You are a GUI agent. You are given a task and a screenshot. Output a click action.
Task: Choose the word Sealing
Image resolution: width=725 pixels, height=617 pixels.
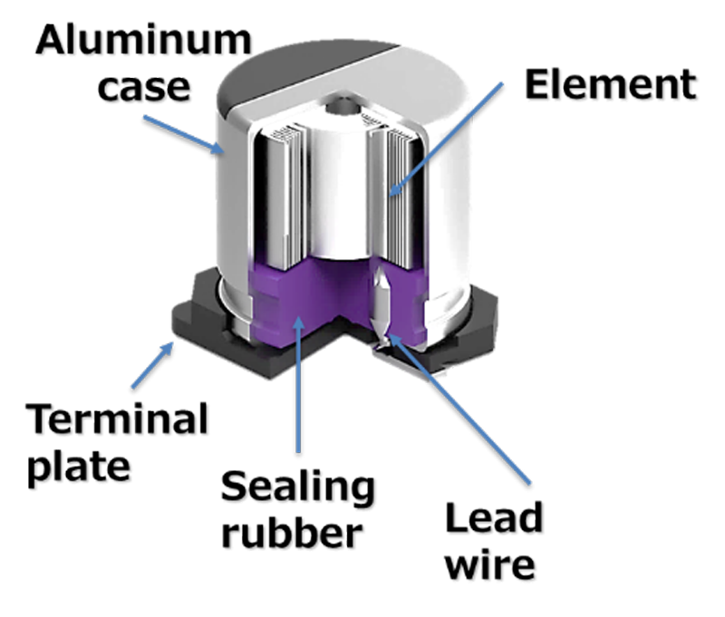point(299,489)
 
